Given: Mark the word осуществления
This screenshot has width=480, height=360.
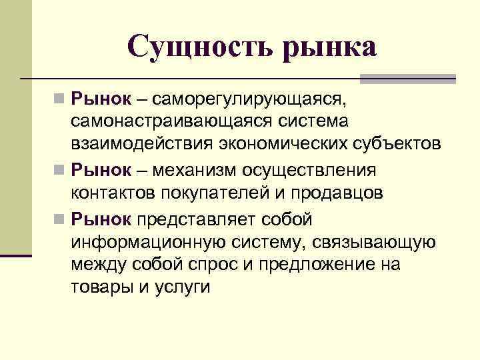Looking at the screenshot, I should click(x=320, y=169).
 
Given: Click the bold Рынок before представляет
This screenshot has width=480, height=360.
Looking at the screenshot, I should click(x=102, y=219).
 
